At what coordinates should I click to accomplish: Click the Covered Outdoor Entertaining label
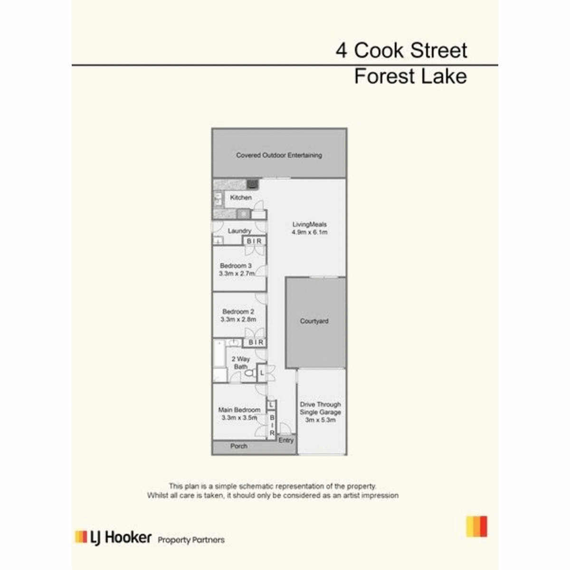tap(279, 155)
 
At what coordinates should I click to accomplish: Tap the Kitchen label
tap(241, 197)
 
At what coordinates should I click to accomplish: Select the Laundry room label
tap(239, 231)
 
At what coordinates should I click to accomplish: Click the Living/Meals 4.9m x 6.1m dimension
tap(309, 232)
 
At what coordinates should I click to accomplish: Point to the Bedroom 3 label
tap(236, 266)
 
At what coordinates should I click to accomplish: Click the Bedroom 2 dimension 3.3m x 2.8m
tap(238, 319)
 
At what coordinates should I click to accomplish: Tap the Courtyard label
tap(314, 321)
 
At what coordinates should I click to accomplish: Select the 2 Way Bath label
tap(241, 362)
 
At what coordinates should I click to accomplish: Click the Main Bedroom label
tap(239, 409)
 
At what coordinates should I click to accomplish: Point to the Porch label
tap(239, 446)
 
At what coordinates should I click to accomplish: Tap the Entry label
tap(286, 440)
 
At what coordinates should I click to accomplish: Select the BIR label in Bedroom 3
tap(255, 241)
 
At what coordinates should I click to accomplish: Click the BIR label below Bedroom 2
tap(256, 342)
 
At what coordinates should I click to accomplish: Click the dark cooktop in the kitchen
tap(253, 184)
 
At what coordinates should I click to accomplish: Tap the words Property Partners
tap(191, 540)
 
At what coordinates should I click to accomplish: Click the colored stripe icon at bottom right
tap(476, 526)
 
